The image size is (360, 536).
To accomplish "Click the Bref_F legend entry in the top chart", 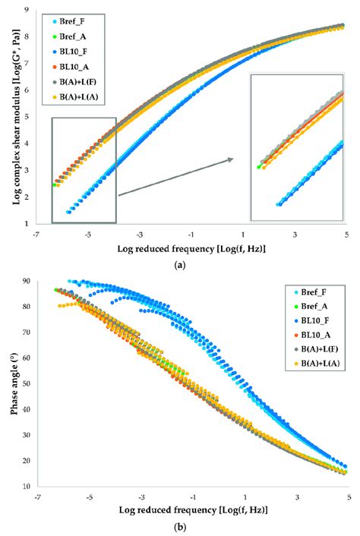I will [79, 23].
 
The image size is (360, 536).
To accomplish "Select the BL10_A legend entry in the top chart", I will [80, 66].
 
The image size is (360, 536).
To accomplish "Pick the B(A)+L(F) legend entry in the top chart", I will [84, 81].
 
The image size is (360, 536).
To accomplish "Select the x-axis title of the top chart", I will [193, 248].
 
